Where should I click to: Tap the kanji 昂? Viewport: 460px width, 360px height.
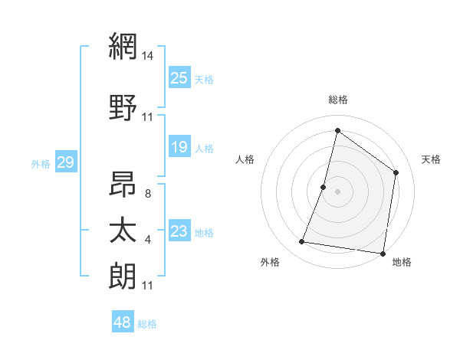[x=123, y=184]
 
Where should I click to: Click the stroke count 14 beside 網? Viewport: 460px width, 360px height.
[x=148, y=56]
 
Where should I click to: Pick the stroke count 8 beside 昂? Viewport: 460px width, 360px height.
[x=147, y=194]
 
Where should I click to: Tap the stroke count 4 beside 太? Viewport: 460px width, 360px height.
[x=147, y=240]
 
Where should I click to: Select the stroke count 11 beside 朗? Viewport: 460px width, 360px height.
[x=148, y=286]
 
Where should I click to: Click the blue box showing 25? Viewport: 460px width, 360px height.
[x=179, y=77]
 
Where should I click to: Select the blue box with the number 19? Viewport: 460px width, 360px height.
[x=179, y=147]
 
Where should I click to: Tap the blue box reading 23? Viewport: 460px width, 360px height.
[x=179, y=231]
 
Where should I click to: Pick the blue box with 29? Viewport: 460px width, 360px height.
[x=65, y=162]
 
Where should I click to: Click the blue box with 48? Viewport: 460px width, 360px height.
[x=123, y=322]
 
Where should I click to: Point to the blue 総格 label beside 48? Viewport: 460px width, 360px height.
[x=147, y=324]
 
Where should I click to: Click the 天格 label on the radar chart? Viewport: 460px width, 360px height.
[x=431, y=159]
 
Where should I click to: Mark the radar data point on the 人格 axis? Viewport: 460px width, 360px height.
[x=324, y=187]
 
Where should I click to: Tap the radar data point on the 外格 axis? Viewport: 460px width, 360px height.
[x=302, y=242]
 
